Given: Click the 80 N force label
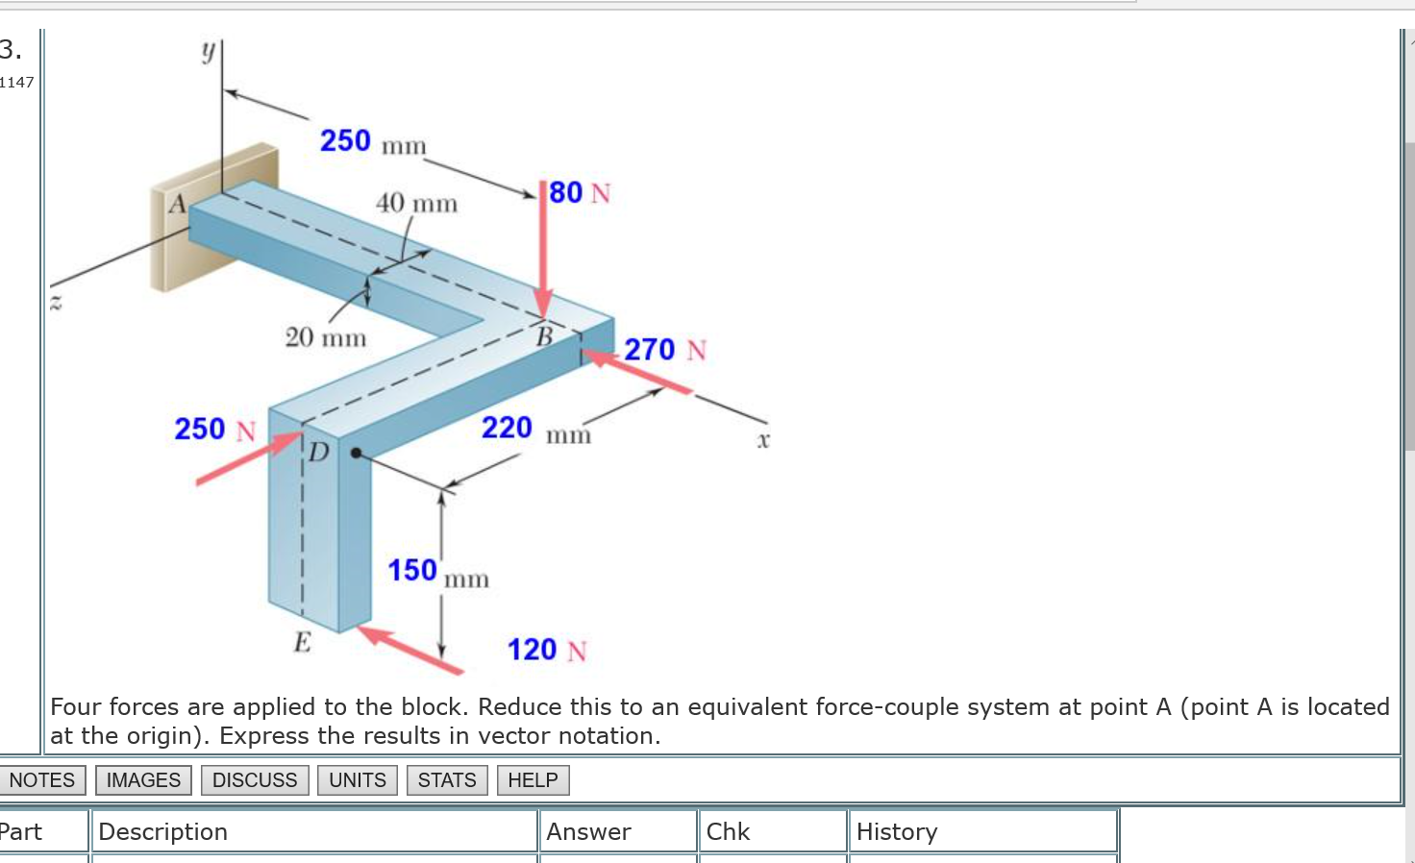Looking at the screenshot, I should (580, 193).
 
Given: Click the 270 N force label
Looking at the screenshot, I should (664, 350).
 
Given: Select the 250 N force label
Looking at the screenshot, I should (214, 429).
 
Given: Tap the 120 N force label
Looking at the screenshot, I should (546, 651).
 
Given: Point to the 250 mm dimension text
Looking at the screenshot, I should (372, 142).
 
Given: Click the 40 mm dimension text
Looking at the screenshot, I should (416, 204).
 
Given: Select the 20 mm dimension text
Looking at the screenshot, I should (325, 337).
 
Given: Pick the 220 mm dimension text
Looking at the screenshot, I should (535, 429).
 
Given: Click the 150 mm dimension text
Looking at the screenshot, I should (437, 572).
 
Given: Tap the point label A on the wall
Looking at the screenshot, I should (177, 205).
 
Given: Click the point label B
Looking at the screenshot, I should (544, 336).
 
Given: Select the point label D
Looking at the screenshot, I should (318, 452).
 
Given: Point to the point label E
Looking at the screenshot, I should (302, 642).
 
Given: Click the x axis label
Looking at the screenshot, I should (763, 441).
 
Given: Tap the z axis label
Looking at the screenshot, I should (56, 304).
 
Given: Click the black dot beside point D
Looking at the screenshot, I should (356, 453).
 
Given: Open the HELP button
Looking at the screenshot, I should (533, 780).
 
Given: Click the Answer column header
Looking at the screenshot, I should (588, 831).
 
